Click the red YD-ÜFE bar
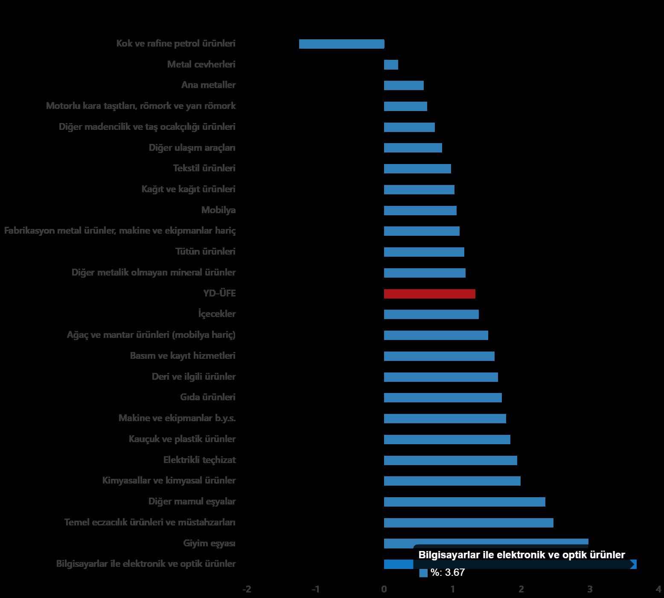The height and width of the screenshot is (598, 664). click(x=429, y=294)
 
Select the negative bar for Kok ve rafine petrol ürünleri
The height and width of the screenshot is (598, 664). click(x=341, y=44)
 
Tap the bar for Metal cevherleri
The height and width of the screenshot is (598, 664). click(x=391, y=65)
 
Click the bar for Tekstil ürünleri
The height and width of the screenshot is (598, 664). click(x=417, y=169)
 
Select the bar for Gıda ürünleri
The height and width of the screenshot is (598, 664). click(x=443, y=398)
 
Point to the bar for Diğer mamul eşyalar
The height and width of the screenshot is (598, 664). click(x=464, y=502)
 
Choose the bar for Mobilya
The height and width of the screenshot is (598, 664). click(x=420, y=211)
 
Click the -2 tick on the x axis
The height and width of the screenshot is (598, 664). click(x=247, y=589)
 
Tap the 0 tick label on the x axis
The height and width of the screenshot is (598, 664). click(x=384, y=589)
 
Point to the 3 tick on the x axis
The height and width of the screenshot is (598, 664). click(x=590, y=589)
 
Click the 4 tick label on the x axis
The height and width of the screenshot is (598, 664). click(x=659, y=589)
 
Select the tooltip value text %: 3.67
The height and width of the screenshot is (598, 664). click(x=447, y=573)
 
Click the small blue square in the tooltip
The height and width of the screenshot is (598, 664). click(x=423, y=573)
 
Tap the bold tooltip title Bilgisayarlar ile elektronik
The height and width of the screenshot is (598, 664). click(x=521, y=555)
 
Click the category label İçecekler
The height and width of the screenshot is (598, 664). click(x=217, y=314)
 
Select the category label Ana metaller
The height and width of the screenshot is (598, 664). click(x=208, y=85)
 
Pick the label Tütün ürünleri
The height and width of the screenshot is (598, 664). click(x=205, y=252)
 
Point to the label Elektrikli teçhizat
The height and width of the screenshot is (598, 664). click(x=199, y=460)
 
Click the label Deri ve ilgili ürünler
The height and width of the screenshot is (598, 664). click(x=194, y=377)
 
